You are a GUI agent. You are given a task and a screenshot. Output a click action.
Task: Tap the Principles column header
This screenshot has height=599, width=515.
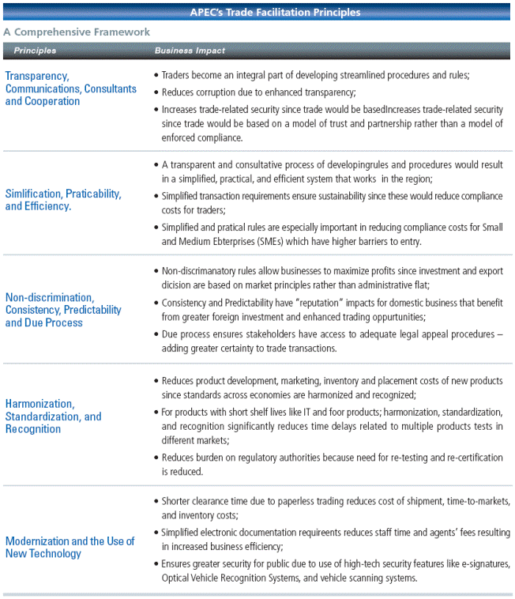35,51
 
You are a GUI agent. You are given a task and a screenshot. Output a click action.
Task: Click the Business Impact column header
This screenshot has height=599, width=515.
190,51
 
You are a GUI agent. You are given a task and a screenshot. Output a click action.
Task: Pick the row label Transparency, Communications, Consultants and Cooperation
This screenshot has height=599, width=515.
70,89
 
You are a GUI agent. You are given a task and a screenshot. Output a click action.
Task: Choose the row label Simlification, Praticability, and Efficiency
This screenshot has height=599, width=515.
63,199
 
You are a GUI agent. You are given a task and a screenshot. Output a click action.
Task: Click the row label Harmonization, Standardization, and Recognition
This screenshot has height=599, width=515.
54,416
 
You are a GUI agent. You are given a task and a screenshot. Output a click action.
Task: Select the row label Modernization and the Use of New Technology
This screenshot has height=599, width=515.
70,548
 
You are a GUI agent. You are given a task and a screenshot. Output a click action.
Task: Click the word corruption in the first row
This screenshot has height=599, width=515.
213,92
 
